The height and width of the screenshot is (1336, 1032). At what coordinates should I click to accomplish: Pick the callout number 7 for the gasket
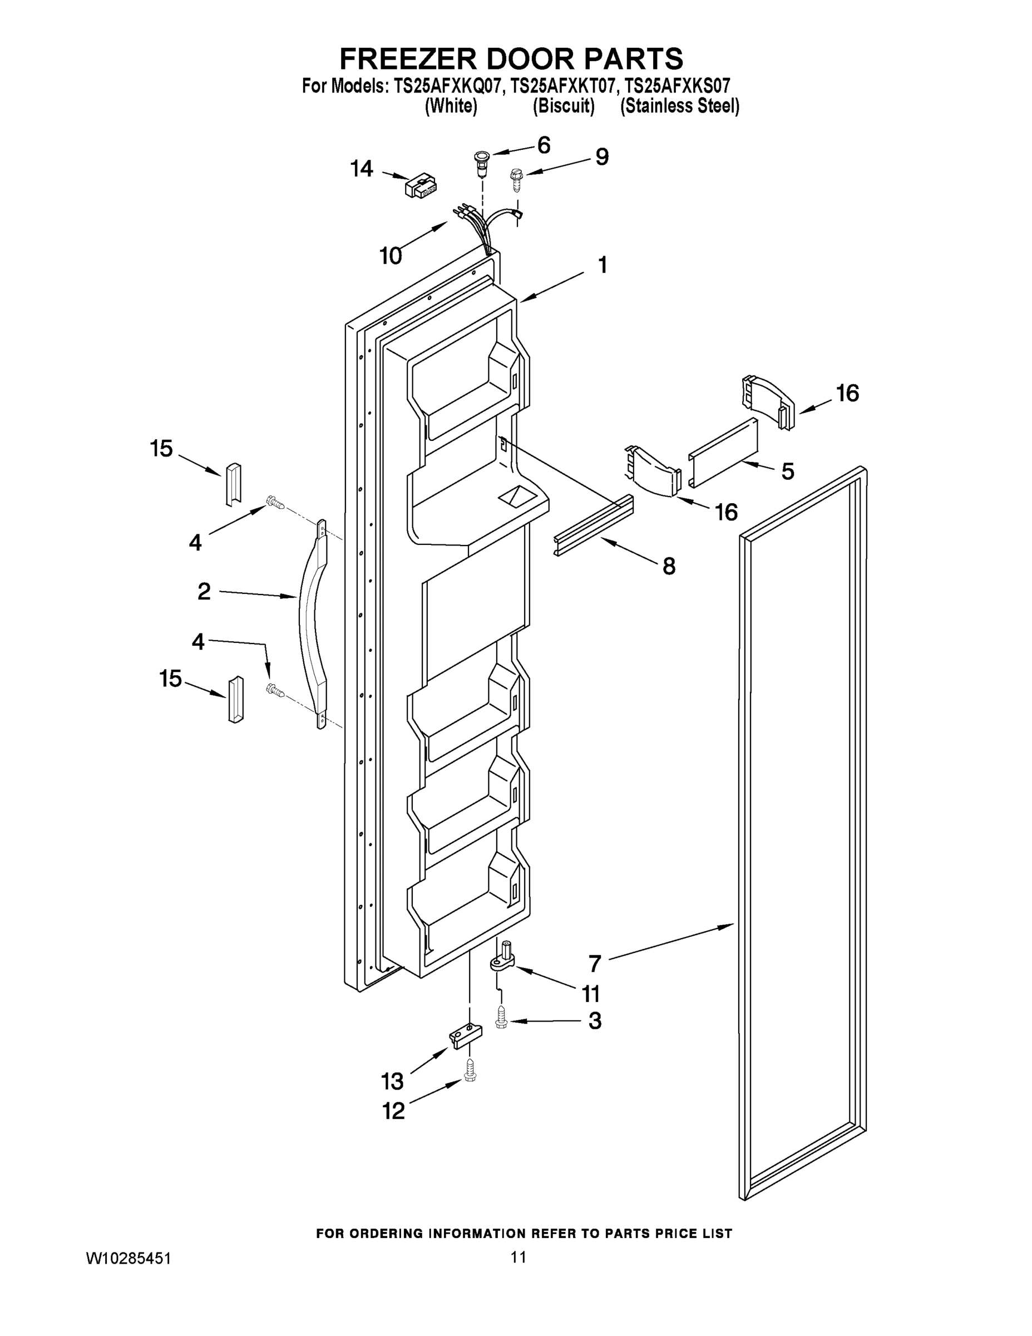(x=595, y=964)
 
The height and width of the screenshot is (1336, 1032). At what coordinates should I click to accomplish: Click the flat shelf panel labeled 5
(x=723, y=453)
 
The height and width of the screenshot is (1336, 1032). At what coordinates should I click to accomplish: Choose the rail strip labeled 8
(x=593, y=527)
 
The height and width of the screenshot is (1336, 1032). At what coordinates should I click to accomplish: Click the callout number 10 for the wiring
(x=391, y=255)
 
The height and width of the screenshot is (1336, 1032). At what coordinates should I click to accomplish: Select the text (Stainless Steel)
(x=679, y=106)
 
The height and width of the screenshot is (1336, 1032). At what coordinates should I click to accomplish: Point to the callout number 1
(x=602, y=265)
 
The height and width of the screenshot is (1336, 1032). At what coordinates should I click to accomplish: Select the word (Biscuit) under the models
(x=563, y=106)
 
